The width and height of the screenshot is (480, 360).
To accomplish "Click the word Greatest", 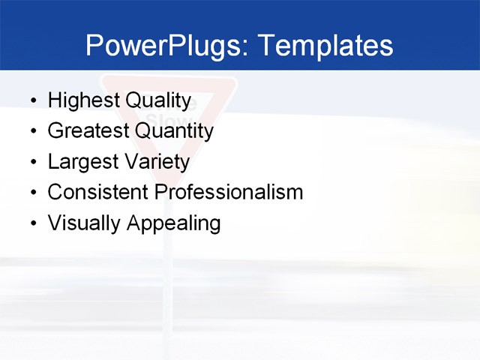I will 87,131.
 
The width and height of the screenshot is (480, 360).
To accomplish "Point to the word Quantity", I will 174,131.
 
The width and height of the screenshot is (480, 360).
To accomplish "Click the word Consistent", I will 97,192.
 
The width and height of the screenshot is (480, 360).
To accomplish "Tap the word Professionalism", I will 229,192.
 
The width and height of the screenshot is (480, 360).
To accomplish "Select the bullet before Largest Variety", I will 32,163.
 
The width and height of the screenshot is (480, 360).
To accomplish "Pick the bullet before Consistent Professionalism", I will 32,193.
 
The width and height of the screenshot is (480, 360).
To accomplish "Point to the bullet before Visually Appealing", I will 32,224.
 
